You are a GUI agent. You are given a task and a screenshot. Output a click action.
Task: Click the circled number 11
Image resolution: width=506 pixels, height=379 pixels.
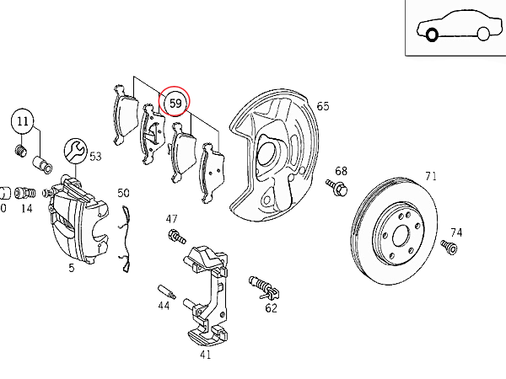click(x=23, y=121)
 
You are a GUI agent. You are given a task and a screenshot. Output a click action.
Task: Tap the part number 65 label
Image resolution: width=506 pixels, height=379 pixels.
click(x=322, y=106)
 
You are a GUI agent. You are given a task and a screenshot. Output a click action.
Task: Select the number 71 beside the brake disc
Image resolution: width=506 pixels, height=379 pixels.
click(x=431, y=176)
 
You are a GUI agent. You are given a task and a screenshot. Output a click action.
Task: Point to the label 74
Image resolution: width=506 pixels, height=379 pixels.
click(x=456, y=232)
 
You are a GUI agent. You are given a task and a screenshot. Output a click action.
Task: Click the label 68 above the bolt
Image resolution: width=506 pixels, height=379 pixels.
click(x=341, y=171)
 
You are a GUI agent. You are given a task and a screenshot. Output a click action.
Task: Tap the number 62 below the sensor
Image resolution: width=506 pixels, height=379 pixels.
click(x=271, y=308)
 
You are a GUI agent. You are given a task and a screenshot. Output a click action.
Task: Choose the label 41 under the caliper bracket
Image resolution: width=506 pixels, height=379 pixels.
click(x=205, y=355)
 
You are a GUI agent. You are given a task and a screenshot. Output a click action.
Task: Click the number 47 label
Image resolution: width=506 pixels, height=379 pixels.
click(x=172, y=219)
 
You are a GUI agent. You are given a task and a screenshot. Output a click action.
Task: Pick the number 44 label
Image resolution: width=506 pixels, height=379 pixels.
click(x=164, y=306)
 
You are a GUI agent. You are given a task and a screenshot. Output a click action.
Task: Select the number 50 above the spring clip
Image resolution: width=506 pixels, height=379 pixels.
click(x=123, y=193)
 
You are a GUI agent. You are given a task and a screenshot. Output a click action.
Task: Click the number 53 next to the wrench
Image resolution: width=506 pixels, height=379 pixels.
click(x=95, y=156)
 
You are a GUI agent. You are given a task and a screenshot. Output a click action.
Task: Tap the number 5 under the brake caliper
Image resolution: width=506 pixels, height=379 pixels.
click(x=72, y=269)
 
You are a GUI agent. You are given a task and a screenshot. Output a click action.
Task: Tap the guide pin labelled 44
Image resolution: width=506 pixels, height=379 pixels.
click(x=165, y=291)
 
